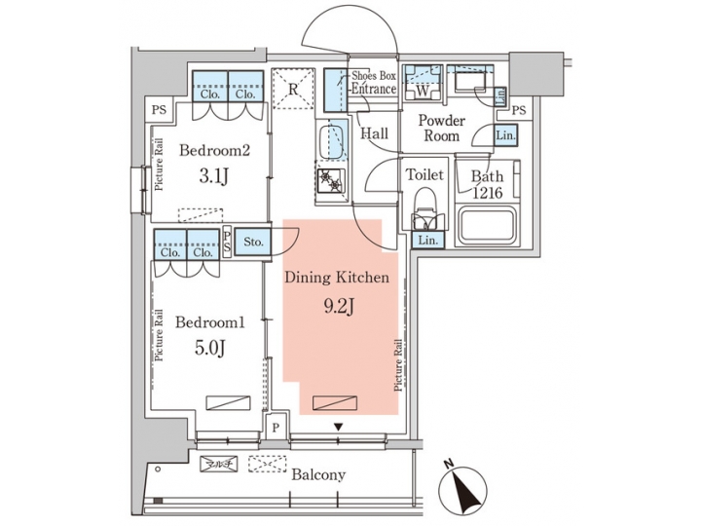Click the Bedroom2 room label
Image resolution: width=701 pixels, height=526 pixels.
pyautogui.click(x=215, y=151)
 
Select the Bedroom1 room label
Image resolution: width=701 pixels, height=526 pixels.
pyautogui.click(x=210, y=322)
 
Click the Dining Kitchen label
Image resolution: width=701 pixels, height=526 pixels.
pyautogui.click(x=337, y=278)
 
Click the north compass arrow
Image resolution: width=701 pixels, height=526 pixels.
pyautogui.click(x=464, y=485)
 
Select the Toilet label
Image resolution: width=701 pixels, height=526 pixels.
pyautogui.click(x=424, y=175)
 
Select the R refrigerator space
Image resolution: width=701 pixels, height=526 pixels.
pyautogui.click(x=292, y=90)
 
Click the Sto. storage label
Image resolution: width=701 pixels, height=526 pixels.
pyautogui.click(x=253, y=243)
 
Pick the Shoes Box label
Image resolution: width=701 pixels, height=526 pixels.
pyautogui.click(x=374, y=76)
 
